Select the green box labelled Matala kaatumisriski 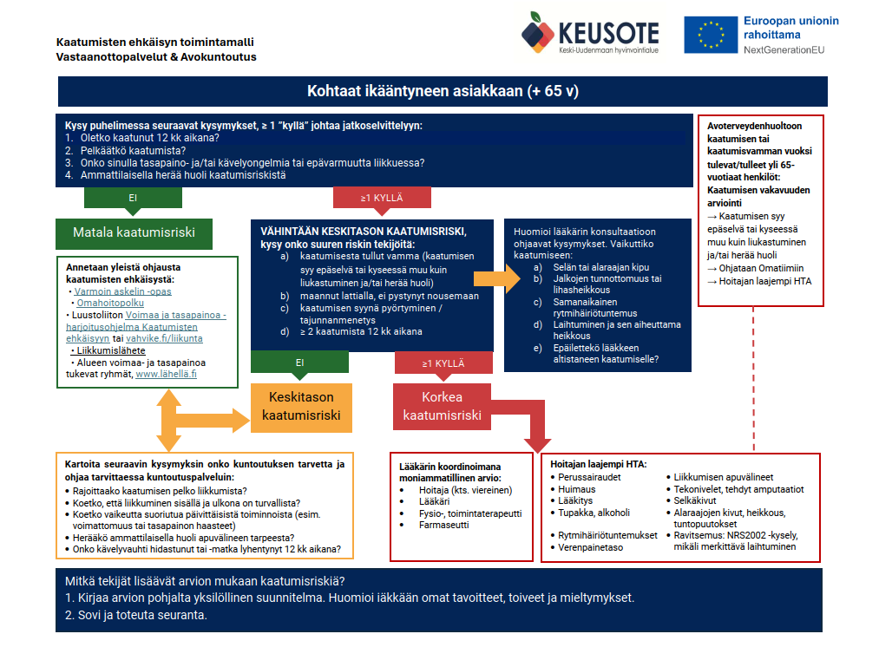134,232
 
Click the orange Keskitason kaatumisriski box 301,407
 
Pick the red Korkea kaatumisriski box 442,407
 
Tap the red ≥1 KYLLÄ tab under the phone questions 383,198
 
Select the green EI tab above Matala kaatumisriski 133,198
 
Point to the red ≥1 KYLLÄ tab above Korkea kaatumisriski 443,363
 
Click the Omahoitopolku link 110,303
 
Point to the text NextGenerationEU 784,50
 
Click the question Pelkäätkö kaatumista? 133,150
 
